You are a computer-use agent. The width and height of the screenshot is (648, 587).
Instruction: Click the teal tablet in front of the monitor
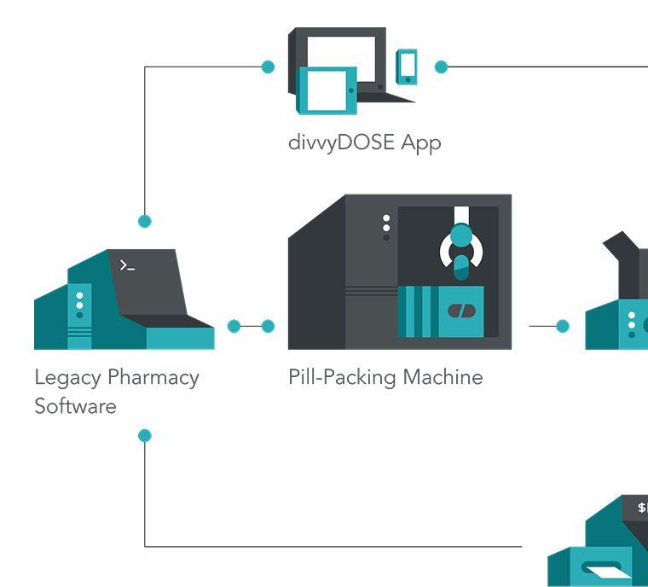coord(327,90)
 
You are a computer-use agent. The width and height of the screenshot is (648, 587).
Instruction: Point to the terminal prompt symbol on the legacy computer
coord(127,265)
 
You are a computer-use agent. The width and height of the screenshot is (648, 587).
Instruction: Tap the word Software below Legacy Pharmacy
coord(75,406)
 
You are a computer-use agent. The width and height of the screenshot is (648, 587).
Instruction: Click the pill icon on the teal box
coord(461,311)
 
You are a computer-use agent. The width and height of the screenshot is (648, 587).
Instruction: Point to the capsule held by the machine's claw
coord(461,264)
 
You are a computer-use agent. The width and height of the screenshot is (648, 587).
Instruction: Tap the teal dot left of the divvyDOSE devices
coord(268,67)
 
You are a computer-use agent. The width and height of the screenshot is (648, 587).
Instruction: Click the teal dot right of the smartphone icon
coord(441,67)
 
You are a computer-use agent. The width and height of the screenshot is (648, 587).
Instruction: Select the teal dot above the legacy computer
coord(145,221)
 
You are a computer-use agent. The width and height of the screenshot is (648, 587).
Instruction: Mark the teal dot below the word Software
coord(145,435)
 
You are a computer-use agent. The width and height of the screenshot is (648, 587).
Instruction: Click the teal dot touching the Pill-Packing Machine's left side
coord(268,326)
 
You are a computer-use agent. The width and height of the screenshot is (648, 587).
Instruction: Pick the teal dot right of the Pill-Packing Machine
coord(562,326)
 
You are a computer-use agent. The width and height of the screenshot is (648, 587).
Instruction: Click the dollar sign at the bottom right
coord(642,508)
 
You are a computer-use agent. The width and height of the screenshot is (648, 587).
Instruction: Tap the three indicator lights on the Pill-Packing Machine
coord(386,227)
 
